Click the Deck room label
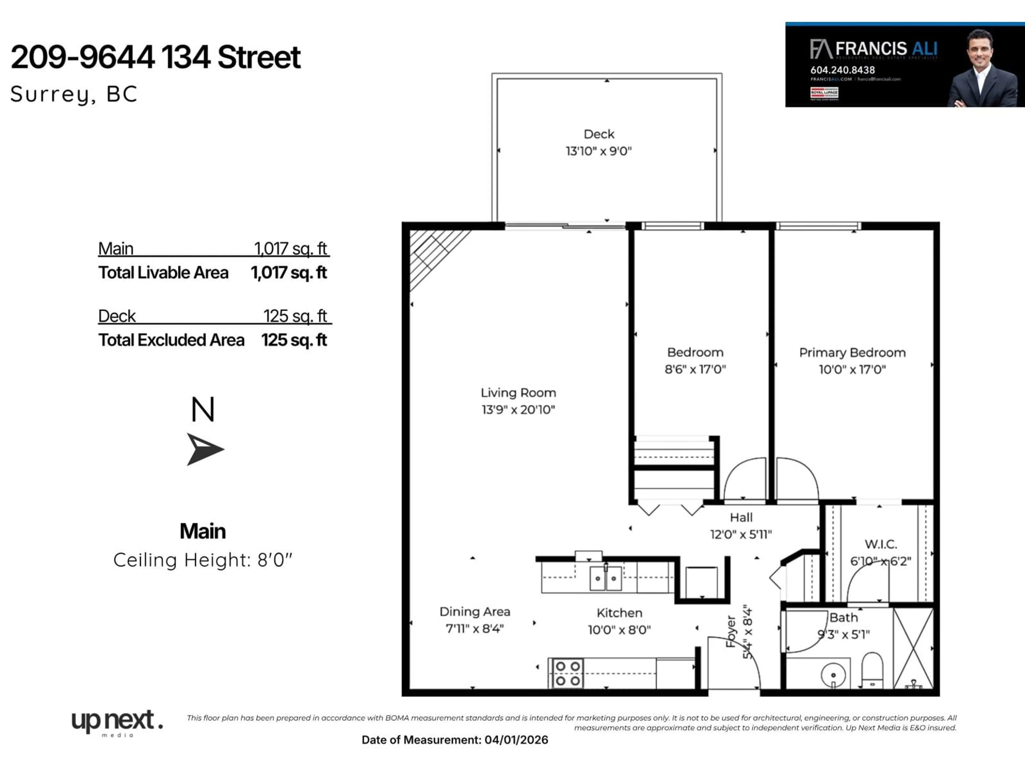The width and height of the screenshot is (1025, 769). [599, 134]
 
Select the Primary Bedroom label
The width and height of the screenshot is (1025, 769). [852, 353]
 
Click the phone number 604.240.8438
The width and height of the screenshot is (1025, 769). [842, 70]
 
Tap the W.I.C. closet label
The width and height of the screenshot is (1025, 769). [880, 544]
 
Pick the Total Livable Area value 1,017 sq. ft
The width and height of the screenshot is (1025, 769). [289, 273]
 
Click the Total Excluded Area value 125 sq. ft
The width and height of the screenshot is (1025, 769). [294, 340]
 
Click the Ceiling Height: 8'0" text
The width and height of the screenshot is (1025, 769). [203, 560]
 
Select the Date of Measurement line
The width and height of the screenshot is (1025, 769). [455, 740]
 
